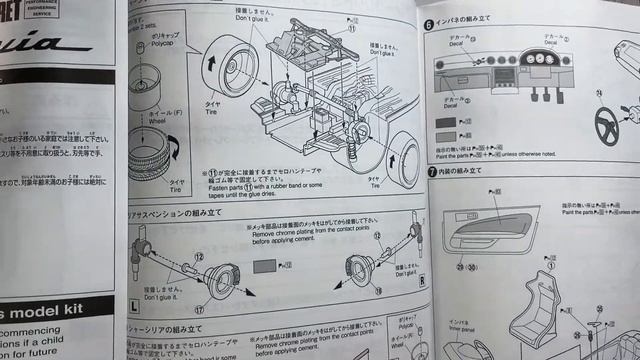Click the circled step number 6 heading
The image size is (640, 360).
point(427,24)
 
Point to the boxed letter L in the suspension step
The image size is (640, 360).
point(134,301)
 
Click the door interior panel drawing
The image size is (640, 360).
point(490,234)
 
